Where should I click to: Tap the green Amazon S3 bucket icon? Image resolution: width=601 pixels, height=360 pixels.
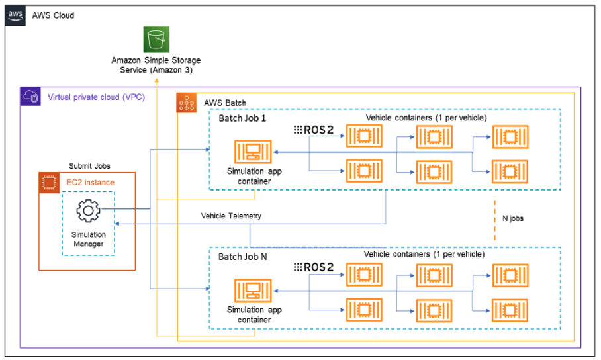click(x=157, y=40)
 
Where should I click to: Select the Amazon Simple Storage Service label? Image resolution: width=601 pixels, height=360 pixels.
click(x=156, y=65)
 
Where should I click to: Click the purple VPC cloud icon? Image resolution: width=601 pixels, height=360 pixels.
click(x=30, y=97)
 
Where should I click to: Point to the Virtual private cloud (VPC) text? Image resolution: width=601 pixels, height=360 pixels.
click(x=96, y=97)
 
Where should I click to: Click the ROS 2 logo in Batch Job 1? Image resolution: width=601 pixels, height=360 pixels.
click(x=313, y=130)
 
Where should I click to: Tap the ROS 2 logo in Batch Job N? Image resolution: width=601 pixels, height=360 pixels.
click(x=313, y=267)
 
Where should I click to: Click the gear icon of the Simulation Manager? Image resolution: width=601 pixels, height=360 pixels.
click(x=88, y=210)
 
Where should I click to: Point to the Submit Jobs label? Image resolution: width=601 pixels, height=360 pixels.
click(x=89, y=166)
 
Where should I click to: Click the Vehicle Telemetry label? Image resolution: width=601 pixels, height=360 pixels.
click(x=231, y=216)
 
